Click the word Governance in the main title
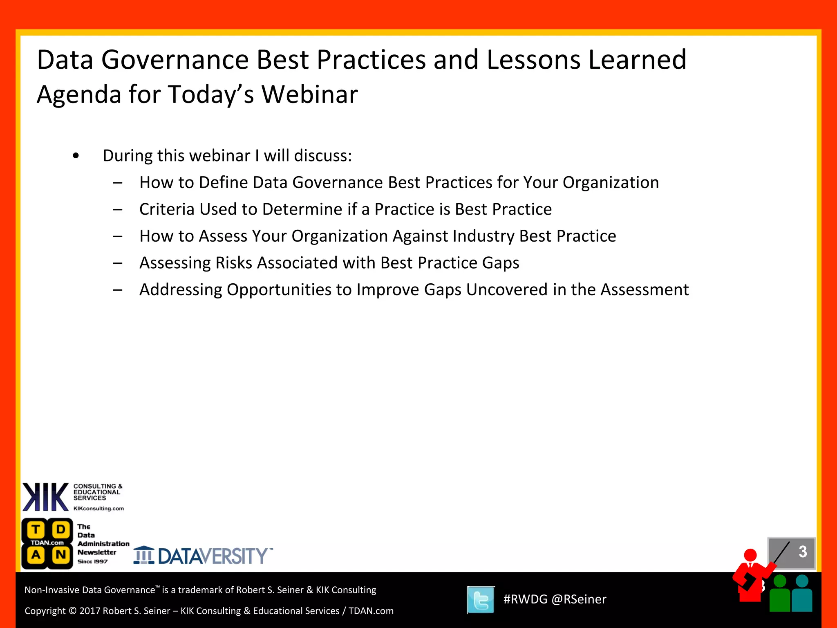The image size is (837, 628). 175,60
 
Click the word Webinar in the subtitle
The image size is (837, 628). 309,94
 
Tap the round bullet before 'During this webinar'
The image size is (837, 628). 76,156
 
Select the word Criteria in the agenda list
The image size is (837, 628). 166,209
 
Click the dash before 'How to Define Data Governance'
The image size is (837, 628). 118,183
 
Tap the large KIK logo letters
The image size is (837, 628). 45,497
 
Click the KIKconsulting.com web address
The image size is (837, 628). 98,509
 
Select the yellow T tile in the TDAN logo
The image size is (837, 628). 36,530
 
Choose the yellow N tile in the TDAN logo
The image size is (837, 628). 61,555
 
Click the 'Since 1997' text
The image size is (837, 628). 93,562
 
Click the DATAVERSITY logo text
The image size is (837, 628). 213,556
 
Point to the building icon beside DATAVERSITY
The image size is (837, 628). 143,555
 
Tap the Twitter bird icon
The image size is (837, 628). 481,600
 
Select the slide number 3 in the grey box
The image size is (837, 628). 802,552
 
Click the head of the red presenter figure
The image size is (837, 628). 750,555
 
